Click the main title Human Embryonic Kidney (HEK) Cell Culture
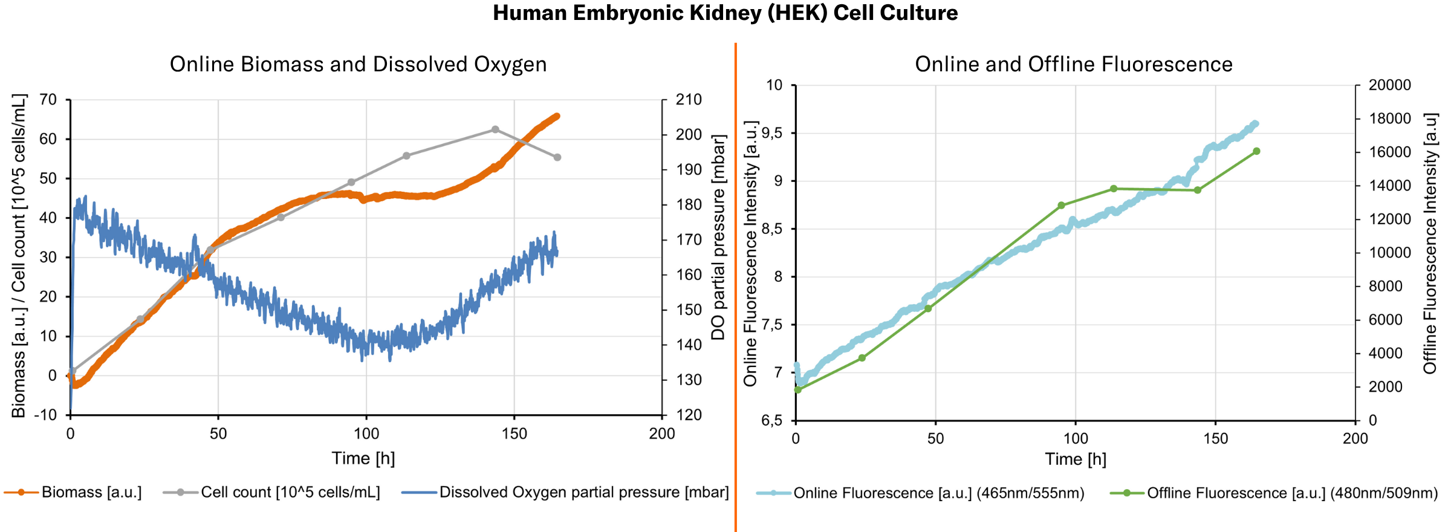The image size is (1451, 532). click(725, 13)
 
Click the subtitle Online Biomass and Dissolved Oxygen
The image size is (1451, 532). click(358, 65)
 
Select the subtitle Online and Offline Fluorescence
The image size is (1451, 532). click(1073, 65)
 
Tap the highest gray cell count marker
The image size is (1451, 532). click(495, 129)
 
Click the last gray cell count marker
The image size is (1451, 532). click(557, 157)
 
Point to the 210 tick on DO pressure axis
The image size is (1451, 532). click(689, 100)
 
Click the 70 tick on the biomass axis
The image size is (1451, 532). click(48, 100)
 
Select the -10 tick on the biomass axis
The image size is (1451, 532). click(45, 415)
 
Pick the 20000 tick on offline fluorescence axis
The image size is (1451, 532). click(1389, 85)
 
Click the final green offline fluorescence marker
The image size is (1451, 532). click(1256, 151)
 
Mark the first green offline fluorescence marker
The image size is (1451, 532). click(797, 390)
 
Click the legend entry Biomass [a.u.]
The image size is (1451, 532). click(91, 493)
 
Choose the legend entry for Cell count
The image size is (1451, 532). click(290, 493)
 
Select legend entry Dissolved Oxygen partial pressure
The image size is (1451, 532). click(583, 493)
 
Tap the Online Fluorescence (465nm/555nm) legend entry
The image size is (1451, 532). click(938, 493)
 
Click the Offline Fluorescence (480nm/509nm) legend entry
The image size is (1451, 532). click(1292, 493)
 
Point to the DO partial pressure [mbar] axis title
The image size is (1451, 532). click(718, 238)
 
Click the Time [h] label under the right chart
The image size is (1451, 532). click(1076, 459)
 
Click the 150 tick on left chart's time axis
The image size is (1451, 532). click(515, 433)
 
